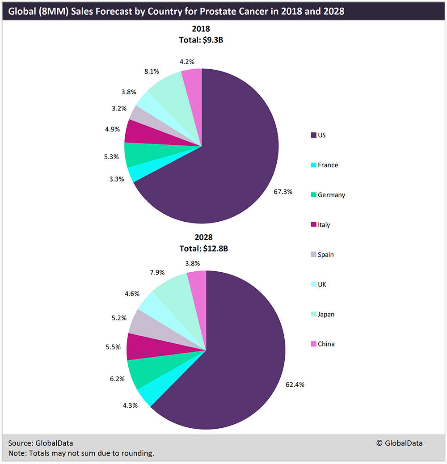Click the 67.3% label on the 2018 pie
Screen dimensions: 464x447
pos(283,191)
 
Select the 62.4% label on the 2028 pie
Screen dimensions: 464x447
pos(295,384)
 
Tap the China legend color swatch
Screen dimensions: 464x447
pos(314,344)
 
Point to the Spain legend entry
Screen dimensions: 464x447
pos(325,254)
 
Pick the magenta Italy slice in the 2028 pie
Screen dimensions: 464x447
pos(137,346)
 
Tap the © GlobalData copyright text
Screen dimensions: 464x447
pos(399,443)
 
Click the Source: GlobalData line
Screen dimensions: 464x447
pos(40,443)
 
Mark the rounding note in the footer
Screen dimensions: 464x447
pos(81,453)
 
